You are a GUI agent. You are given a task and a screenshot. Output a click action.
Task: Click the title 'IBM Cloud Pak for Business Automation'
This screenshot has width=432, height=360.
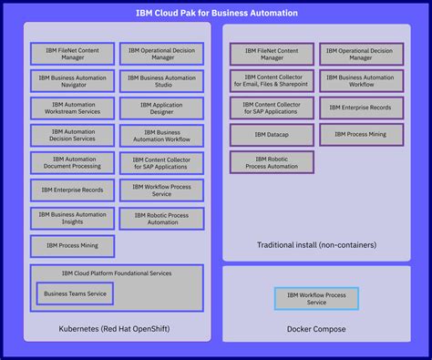[x=216, y=13]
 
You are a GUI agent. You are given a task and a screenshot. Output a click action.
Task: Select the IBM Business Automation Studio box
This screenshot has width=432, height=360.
[x=162, y=82]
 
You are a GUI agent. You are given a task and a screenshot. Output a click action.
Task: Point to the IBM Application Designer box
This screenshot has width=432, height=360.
[x=162, y=109]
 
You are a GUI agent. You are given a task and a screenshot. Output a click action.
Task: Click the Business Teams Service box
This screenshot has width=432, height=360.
[x=75, y=293]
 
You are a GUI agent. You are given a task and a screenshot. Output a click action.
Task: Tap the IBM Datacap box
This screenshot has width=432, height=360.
[x=272, y=135]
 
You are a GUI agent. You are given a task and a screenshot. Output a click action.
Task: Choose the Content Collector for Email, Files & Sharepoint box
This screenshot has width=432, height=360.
[x=272, y=80]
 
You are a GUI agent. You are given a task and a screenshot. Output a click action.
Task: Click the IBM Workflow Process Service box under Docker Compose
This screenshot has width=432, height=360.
[x=316, y=298]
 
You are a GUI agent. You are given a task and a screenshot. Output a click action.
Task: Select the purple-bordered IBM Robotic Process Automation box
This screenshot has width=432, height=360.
[x=272, y=162]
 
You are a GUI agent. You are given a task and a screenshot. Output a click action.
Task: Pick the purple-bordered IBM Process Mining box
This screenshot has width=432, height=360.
[x=360, y=135]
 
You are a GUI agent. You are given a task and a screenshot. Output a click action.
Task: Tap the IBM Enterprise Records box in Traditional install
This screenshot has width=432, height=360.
[x=360, y=108]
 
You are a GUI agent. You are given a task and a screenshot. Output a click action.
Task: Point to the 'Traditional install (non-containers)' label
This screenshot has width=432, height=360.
[x=316, y=244]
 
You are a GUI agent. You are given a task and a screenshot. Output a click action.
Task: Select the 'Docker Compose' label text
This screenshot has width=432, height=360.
[x=316, y=327]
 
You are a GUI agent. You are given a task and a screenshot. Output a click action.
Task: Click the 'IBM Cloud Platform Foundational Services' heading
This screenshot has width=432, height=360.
[x=117, y=273]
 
